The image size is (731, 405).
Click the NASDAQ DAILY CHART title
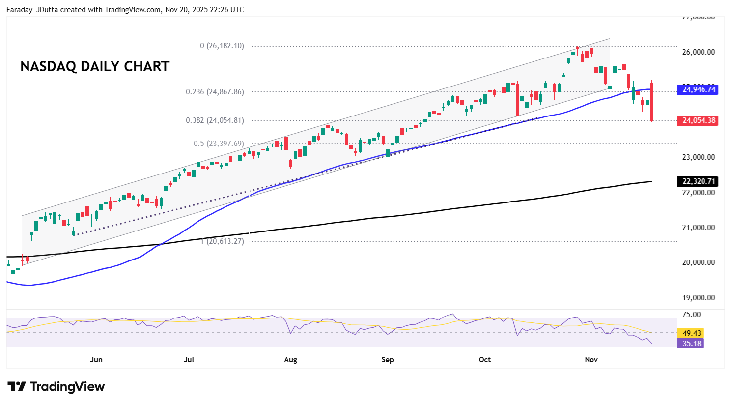pyautogui.click(x=95, y=67)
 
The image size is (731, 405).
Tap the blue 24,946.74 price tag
pyautogui.click(x=699, y=89)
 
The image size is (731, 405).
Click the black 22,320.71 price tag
pyautogui.click(x=699, y=181)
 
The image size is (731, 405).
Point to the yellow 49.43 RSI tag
pyautogui.click(x=691, y=333)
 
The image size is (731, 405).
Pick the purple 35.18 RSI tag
pyautogui.click(x=691, y=344)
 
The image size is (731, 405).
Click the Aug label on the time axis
pyautogui.click(x=290, y=360)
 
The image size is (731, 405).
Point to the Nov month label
pyautogui.click(x=591, y=360)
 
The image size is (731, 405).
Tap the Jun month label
pyautogui.click(x=96, y=360)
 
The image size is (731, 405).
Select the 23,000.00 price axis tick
pyautogui.click(x=698, y=157)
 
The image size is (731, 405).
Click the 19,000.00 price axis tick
pyautogui.click(x=698, y=298)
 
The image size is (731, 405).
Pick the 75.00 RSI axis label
pyautogui.click(x=691, y=315)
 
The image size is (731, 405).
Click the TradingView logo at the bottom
pyautogui.click(x=56, y=387)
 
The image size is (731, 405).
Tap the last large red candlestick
pyautogui.click(x=652, y=102)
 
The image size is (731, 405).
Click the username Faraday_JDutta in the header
pyautogui.click(x=29, y=10)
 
